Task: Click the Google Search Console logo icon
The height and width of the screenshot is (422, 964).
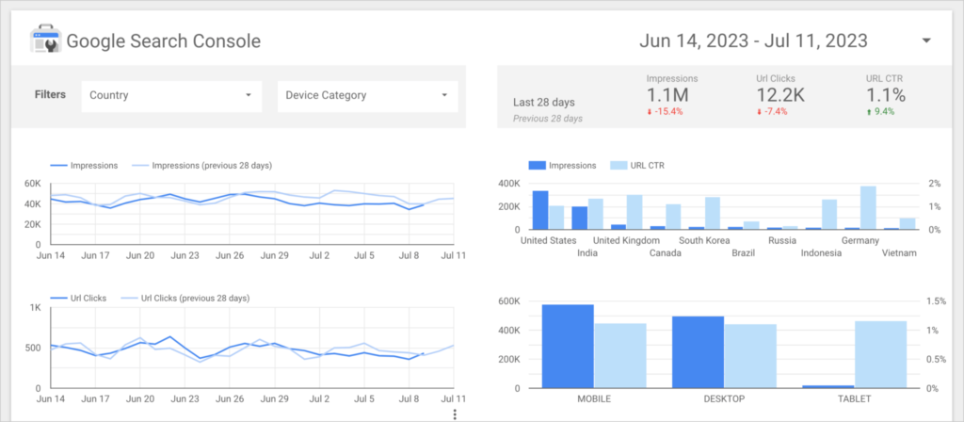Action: (x=44, y=41)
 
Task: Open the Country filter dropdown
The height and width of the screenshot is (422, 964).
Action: (x=170, y=95)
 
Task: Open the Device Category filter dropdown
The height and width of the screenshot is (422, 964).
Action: (x=366, y=95)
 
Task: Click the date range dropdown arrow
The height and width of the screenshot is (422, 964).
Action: (x=925, y=41)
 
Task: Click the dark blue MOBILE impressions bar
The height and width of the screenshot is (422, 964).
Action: (x=568, y=346)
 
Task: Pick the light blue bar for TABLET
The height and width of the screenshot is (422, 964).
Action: (x=880, y=354)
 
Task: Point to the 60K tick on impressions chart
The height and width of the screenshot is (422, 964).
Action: (x=32, y=184)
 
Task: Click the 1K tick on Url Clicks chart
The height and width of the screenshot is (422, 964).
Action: (x=34, y=308)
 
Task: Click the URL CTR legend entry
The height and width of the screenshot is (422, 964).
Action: (x=640, y=166)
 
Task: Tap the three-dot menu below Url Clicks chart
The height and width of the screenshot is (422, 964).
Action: (x=455, y=414)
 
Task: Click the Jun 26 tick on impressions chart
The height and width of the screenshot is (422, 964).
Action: (x=232, y=255)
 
